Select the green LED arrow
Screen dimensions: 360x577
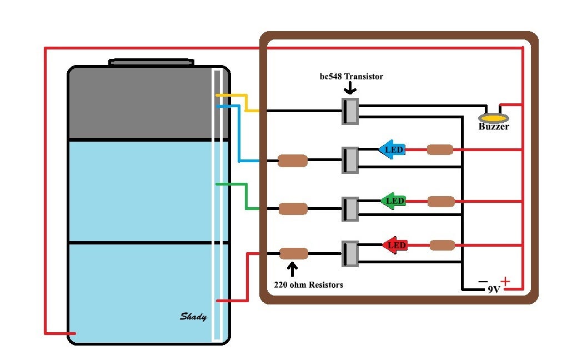tap(393, 201)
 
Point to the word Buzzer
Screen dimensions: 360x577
tap(494, 127)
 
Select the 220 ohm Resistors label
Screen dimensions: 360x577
tap(308, 284)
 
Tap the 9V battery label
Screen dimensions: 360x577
tap(493, 289)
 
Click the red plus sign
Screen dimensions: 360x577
tap(505, 281)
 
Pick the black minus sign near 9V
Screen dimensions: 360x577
tap(483, 282)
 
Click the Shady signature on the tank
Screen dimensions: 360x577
tap(193, 317)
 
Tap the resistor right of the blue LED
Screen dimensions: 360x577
tap(440, 149)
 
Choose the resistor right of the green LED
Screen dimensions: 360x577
tap(441, 201)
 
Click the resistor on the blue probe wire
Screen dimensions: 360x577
tap(292, 161)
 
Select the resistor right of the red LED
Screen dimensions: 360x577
tap(443, 245)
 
